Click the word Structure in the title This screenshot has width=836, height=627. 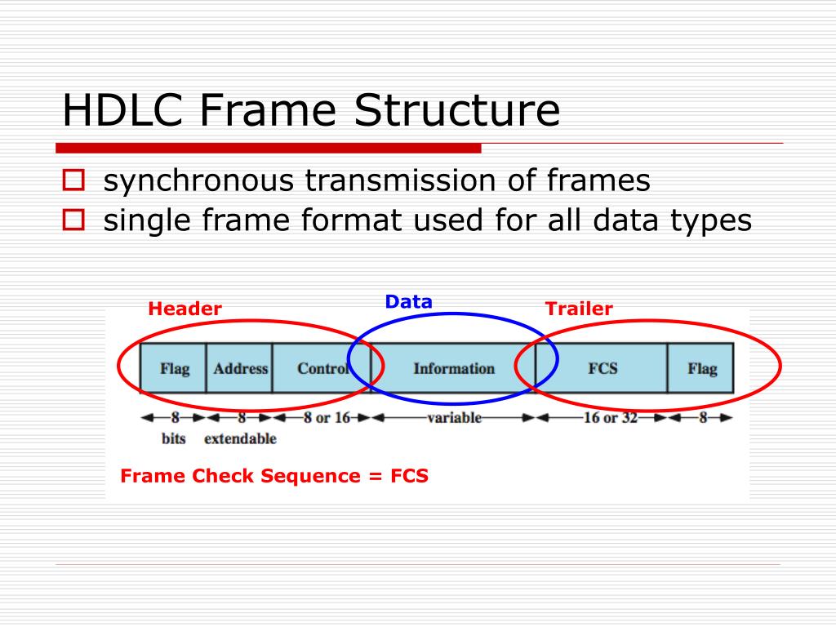457,111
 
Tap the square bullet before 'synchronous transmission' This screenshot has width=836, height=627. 73,180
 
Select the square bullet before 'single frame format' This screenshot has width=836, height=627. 73,219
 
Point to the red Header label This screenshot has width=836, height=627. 185,309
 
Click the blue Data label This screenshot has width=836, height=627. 408,302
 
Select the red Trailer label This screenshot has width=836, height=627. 579,309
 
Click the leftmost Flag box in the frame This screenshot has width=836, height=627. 174,368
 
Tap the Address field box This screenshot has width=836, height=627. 240,368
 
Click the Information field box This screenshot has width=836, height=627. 454,368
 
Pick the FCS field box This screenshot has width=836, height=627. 603,368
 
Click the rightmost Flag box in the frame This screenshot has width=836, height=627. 701,368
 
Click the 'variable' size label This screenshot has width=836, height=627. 454,418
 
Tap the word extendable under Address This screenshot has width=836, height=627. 240,438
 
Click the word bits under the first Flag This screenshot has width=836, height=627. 173,438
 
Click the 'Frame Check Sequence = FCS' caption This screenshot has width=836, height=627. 274,476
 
